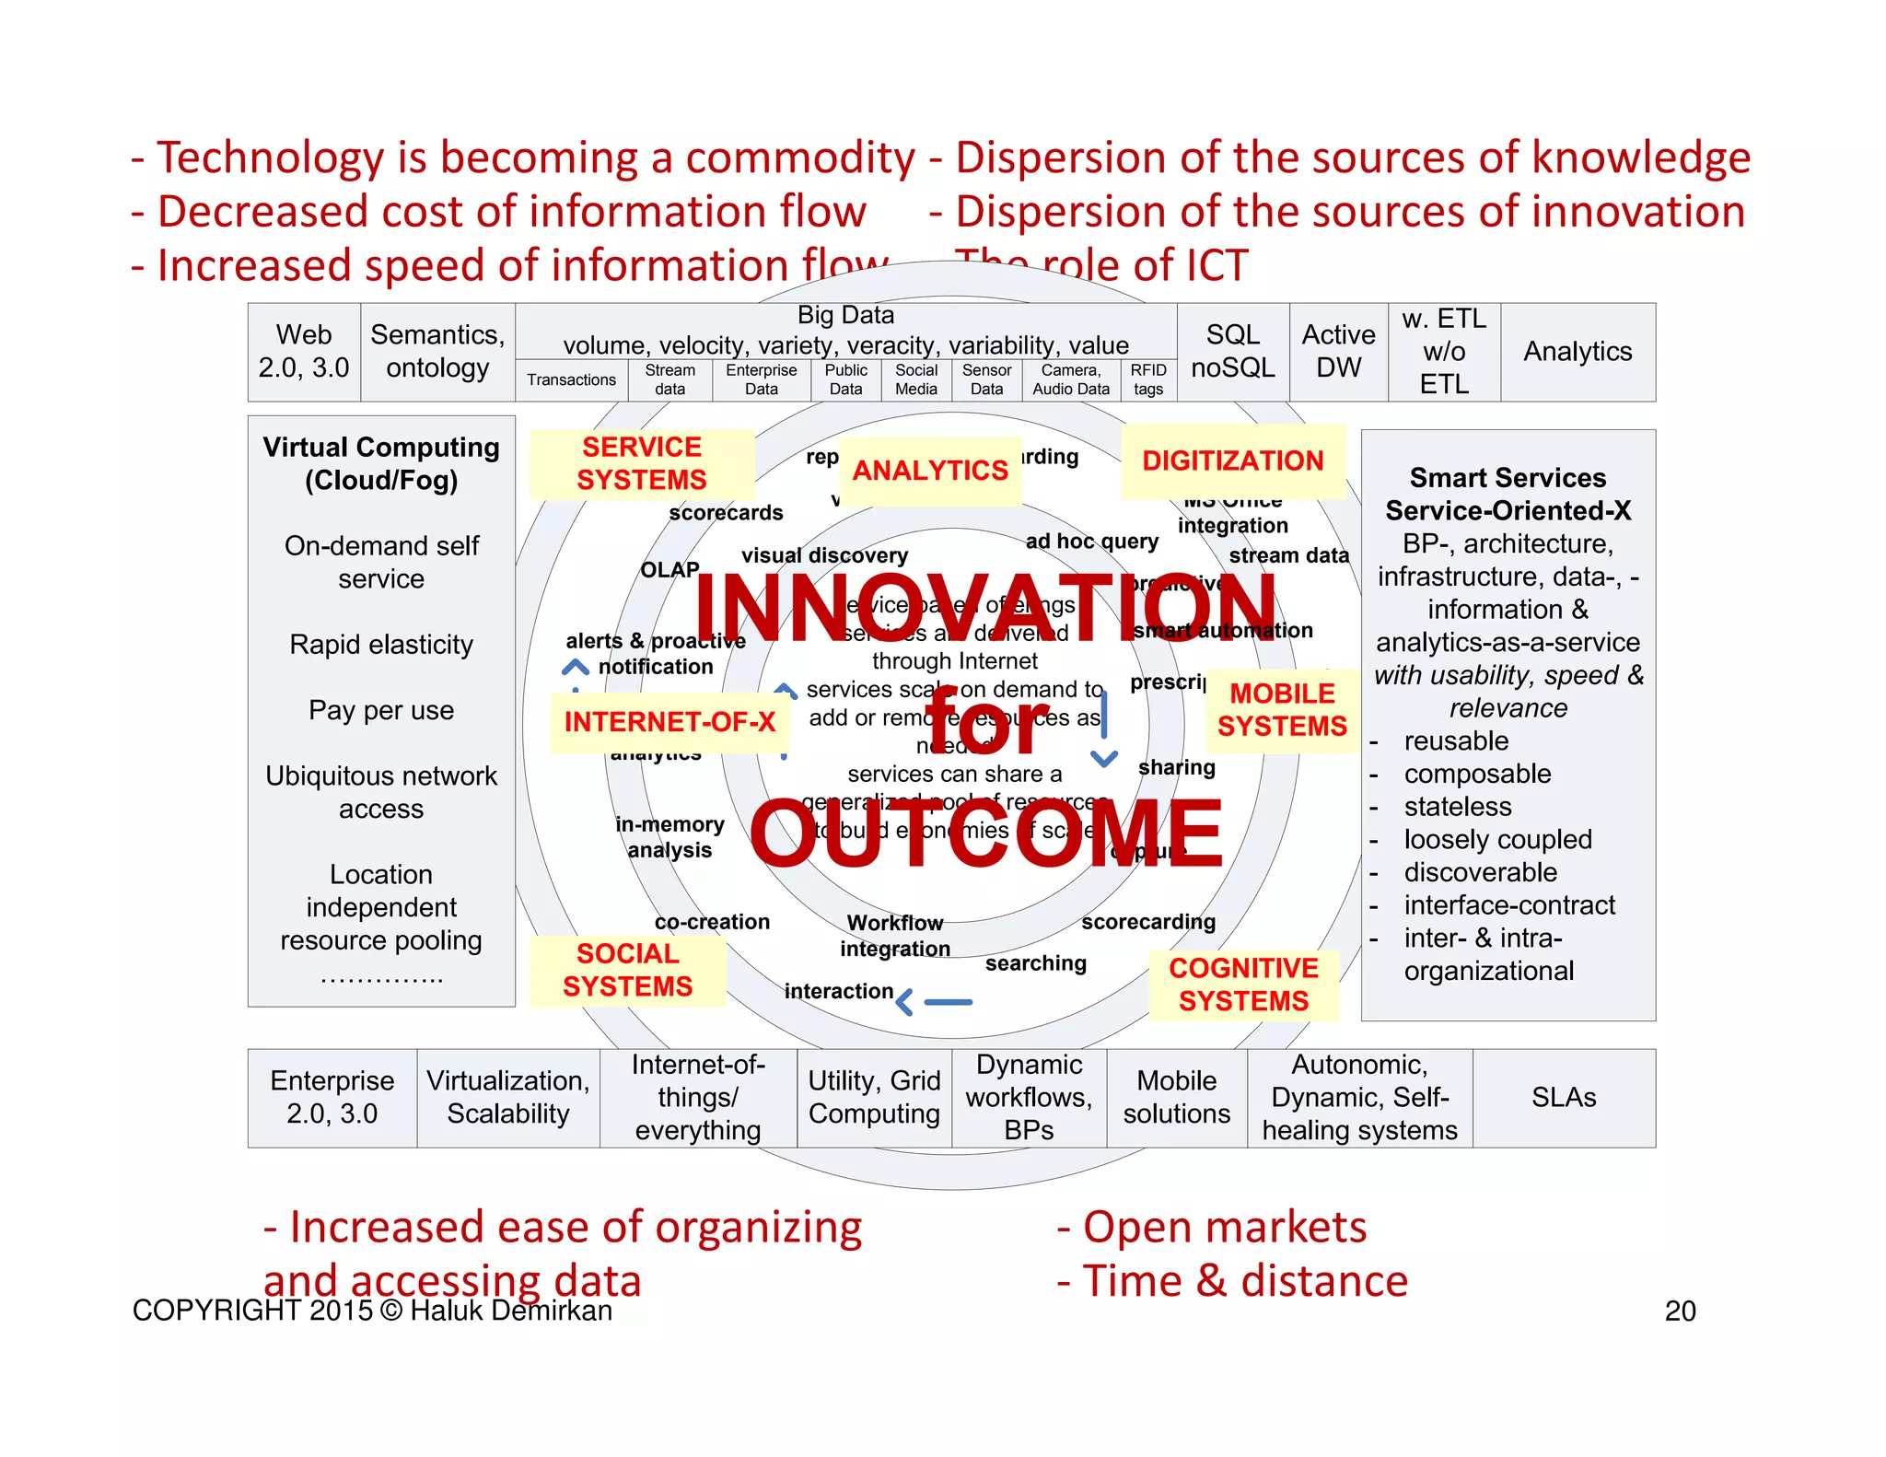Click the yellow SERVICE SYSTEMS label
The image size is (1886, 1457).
point(642,463)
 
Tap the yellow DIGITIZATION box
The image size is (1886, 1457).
point(1232,460)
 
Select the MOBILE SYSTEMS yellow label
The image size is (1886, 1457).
point(1282,710)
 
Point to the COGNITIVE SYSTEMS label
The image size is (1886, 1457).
point(1243,985)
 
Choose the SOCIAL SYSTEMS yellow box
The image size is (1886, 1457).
point(627,970)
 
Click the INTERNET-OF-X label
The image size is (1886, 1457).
point(669,722)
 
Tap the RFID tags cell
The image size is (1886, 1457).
point(1148,379)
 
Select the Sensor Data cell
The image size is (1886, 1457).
point(986,379)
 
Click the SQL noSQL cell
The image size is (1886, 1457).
point(1232,352)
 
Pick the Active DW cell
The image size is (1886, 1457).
point(1338,352)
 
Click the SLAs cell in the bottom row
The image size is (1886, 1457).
point(1563,1098)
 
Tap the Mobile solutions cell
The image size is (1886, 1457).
point(1176,1098)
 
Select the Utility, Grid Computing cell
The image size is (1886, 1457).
point(874,1098)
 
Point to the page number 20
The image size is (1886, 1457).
point(1680,1311)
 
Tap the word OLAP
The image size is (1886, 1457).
point(669,570)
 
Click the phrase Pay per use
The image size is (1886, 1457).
point(381,710)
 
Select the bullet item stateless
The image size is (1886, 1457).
point(1457,807)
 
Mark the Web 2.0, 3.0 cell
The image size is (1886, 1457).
point(304,352)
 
